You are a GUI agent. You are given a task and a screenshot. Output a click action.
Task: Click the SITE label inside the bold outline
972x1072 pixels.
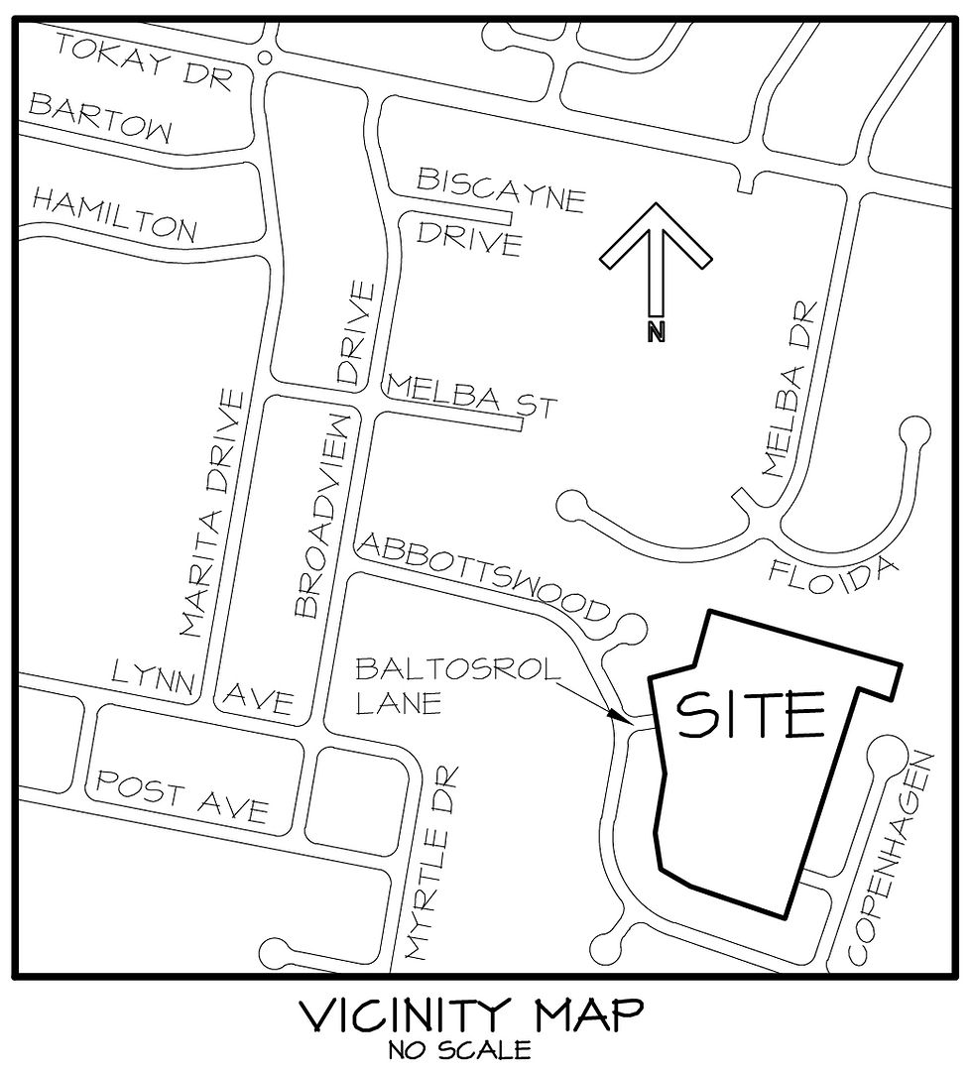point(751,714)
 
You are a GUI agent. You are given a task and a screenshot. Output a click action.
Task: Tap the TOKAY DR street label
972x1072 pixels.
point(143,60)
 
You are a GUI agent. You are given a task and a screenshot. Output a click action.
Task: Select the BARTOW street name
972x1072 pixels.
point(100,118)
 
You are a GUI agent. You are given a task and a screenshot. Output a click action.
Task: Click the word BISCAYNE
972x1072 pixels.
point(501,189)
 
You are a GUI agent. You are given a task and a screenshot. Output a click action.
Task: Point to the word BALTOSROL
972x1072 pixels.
point(457,665)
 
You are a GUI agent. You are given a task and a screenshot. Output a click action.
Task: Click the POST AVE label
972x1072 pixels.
point(182,797)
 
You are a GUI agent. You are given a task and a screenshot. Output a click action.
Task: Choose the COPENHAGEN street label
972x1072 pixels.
point(892,858)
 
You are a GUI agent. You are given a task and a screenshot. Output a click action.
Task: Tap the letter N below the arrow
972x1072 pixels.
point(655,332)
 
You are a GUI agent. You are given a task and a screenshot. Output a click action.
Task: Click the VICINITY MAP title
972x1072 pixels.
point(470,1015)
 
